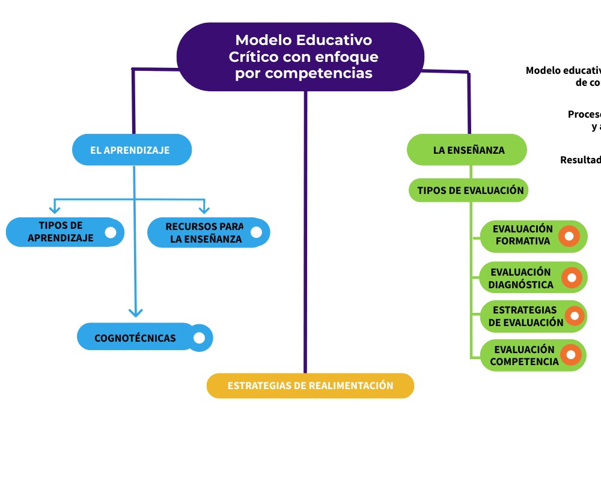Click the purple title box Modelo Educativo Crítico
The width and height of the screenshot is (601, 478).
(x=300, y=56)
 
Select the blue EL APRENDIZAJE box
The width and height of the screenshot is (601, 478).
(x=132, y=150)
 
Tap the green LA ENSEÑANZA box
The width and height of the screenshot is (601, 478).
(x=467, y=150)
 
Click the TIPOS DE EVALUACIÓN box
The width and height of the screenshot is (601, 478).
(x=469, y=190)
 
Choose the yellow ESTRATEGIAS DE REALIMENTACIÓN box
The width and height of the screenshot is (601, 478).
(x=310, y=386)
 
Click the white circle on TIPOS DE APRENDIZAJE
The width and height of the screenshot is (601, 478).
(x=111, y=232)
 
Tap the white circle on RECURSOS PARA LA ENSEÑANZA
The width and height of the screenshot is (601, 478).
(x=256, y=232)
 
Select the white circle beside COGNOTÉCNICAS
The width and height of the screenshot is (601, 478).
(x=200, y=338)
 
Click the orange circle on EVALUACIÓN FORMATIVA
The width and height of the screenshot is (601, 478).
(x=569, y=236)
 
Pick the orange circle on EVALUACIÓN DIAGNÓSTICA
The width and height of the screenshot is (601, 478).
(x=572, y=278)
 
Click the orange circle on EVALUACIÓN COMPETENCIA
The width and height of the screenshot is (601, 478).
(x=572, y=355)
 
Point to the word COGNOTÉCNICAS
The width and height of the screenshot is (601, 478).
(x=135, y=338)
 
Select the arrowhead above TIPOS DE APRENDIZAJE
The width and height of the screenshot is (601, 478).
(x=55, y=209)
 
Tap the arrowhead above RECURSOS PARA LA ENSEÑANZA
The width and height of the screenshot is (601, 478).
(x=204, y=209)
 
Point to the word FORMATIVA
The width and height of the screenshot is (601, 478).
(x=523, y=241)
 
